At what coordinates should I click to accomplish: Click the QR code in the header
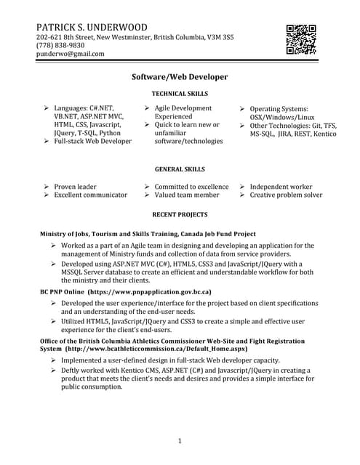coord(301,40)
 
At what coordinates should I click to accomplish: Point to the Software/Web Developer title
coord(180,76)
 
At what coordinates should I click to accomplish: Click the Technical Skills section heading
coord(180,94)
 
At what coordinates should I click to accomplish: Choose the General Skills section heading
coord(180,169)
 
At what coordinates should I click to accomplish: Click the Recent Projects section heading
coord(180,215)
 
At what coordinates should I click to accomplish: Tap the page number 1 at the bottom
coord(180,441)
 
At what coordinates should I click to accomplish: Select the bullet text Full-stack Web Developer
coord(92,142)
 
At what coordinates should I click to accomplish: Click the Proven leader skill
coord(76,187)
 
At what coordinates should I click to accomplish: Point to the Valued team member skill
coord(186,195)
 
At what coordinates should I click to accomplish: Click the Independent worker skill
coord(281,187)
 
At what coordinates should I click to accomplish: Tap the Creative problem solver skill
coord(286,195)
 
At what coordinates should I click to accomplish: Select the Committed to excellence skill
coord(191,187)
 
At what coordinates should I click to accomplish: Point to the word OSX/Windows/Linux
coord(282,117)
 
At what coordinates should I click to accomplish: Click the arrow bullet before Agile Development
coord(146,108)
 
